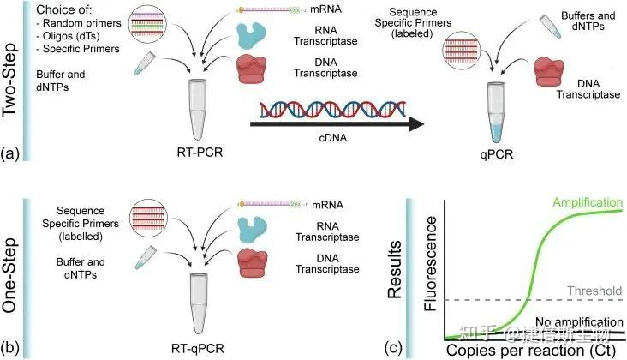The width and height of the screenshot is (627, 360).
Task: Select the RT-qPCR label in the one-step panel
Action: tap(205, 347)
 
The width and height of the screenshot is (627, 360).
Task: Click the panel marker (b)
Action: tap(11, 347)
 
